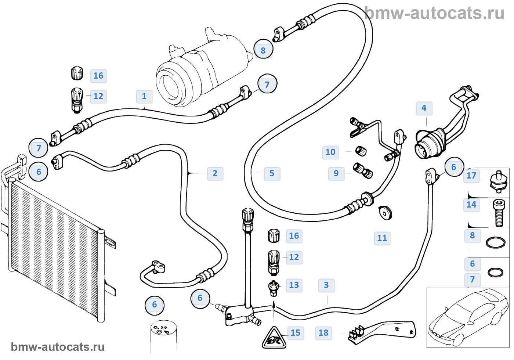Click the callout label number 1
pos(144,96)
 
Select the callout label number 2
pos(215,173)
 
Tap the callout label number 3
pos(326,285)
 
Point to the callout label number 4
pos(424,108)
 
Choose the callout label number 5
pos(272,173)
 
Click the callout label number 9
pos(336,173)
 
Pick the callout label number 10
pos(330,152)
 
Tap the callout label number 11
pos(382,238)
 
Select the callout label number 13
pos(294,285)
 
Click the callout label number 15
pos(296,333)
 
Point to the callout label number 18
pos(323,333)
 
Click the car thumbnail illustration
pos(468,318)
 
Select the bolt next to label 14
pos(499,213)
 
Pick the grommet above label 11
pos(385,213)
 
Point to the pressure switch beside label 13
pos(274,288)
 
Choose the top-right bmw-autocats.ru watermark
pos(435,13)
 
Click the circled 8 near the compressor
pos(263,50)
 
